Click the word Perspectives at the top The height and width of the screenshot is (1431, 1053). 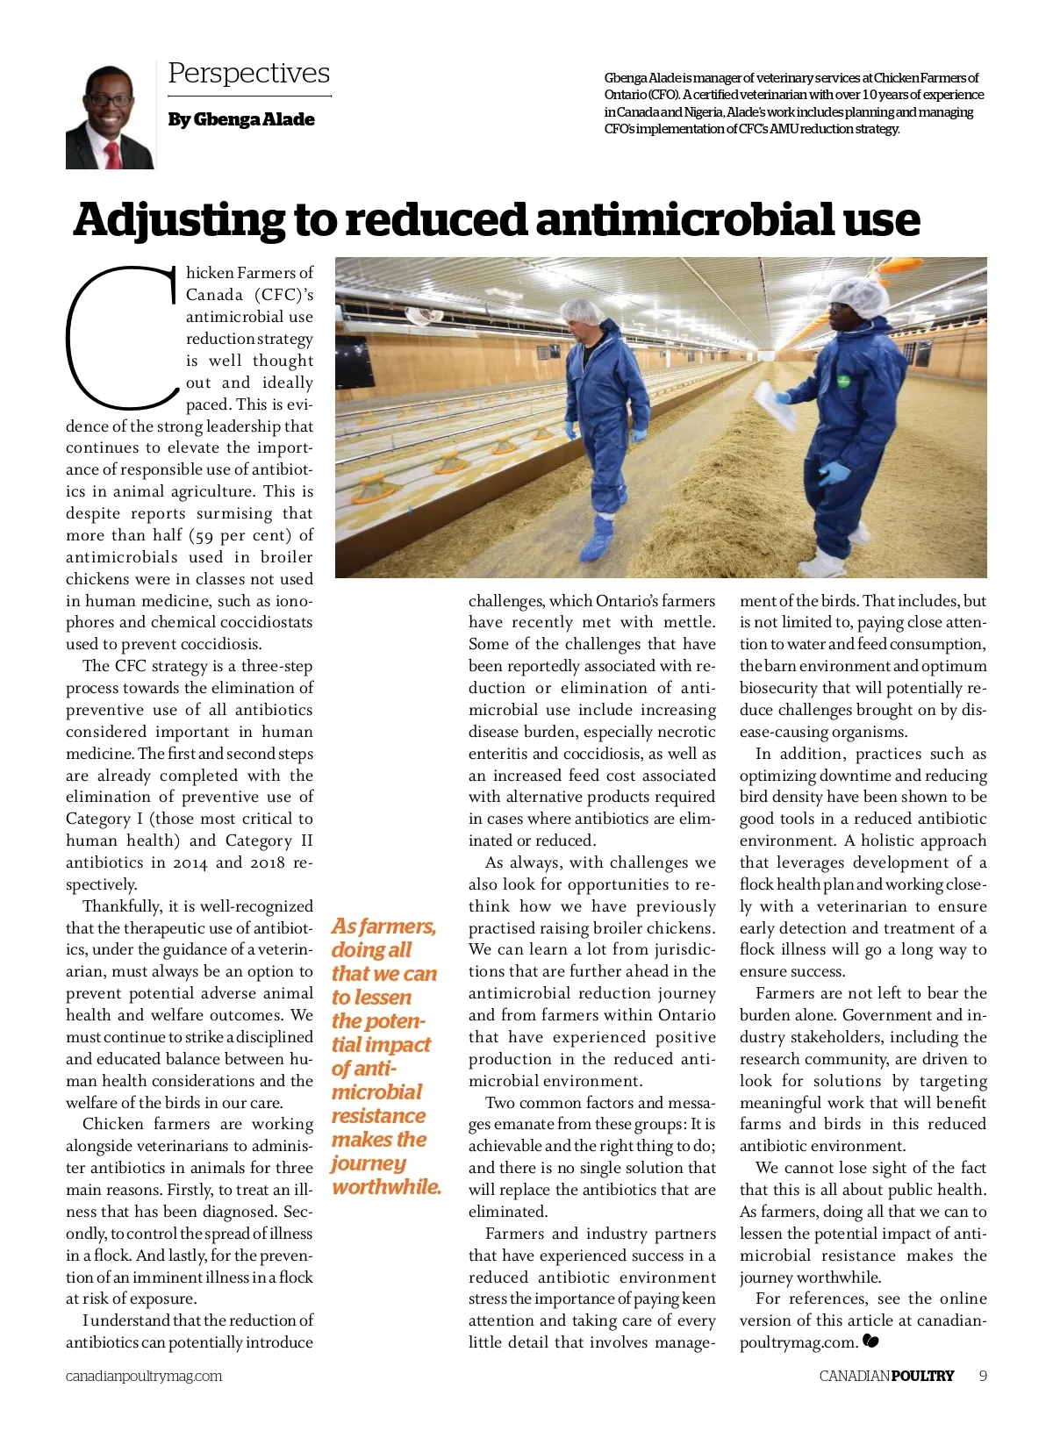[248, 73]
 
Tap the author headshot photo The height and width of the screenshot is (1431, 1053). [110, 118]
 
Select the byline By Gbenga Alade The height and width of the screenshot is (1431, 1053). [240, 119]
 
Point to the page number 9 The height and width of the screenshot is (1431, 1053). [983, 1376]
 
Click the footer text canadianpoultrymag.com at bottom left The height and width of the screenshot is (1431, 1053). [144, 1376]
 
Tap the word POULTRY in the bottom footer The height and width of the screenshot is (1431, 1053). [922, 1376]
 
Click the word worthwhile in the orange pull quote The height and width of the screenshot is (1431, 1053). [386, 1187]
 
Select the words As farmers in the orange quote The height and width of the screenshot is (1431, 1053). [383, 927]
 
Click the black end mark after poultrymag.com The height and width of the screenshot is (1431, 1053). [870, 1342]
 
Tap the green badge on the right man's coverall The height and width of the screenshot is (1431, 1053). [843, 382]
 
